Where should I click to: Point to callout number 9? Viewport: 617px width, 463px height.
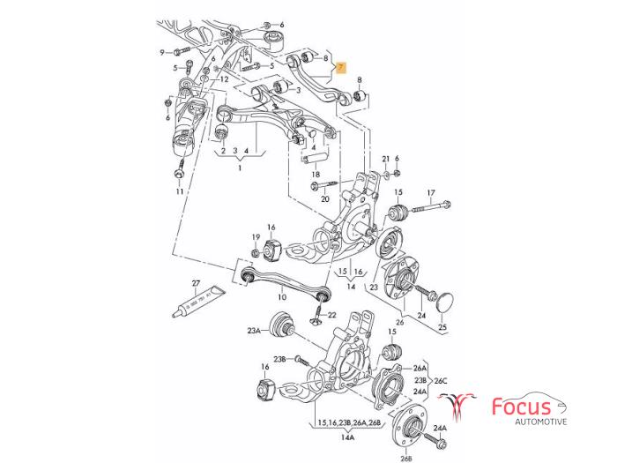tap(163, 52)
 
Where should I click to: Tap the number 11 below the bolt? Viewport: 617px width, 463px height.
tap(179, 191)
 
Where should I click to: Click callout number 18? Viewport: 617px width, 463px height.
tap(315, 175)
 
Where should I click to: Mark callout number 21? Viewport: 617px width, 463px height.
tap(385, 159)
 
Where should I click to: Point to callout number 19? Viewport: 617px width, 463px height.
tap(255, 238)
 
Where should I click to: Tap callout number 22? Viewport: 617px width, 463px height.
tap(331, 315)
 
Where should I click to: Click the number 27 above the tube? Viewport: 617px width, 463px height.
tap(196, 284)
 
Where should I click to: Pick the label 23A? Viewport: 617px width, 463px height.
tap(254, 331)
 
